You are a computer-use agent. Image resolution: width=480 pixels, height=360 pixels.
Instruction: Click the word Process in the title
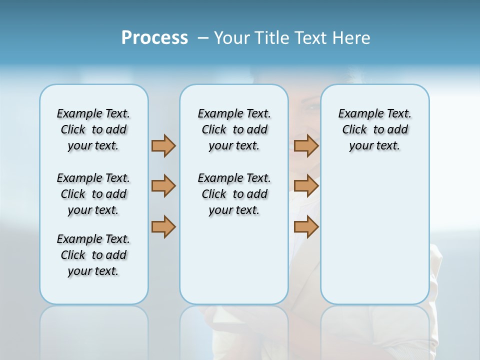154,38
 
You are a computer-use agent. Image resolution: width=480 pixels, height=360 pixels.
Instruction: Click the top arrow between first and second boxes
163,146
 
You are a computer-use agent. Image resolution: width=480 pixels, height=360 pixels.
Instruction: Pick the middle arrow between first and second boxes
163,186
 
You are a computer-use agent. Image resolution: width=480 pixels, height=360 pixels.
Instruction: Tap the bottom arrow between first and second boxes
163,227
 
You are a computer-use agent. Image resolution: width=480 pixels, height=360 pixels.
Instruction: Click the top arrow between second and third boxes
306,146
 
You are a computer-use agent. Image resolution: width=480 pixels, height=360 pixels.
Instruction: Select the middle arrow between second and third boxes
306,186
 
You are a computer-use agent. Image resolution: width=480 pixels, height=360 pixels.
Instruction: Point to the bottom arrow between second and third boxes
306,227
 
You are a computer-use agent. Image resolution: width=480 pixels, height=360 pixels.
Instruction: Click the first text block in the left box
93,129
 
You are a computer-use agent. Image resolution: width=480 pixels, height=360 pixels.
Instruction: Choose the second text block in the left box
93,194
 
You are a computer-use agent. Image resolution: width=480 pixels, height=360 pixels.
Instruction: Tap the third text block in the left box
93,255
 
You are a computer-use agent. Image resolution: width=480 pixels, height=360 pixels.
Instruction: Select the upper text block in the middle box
234,129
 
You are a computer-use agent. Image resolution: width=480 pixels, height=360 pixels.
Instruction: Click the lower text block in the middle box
234,194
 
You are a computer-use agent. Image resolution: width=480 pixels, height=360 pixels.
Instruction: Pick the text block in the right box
374,129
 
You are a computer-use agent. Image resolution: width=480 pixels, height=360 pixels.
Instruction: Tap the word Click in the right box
354,130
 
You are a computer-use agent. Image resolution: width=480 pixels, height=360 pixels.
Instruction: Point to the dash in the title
203,38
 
